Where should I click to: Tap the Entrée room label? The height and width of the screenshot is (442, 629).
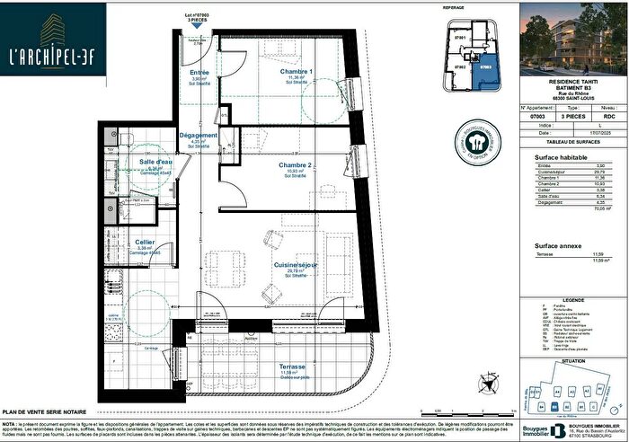pos(199,72)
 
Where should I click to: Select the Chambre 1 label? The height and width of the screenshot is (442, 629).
pos(296,72)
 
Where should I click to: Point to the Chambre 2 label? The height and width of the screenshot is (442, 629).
pos(296,166)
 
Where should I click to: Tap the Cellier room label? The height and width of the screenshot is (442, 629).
pos(145,243)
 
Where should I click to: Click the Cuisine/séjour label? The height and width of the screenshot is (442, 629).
pos(296,265)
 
